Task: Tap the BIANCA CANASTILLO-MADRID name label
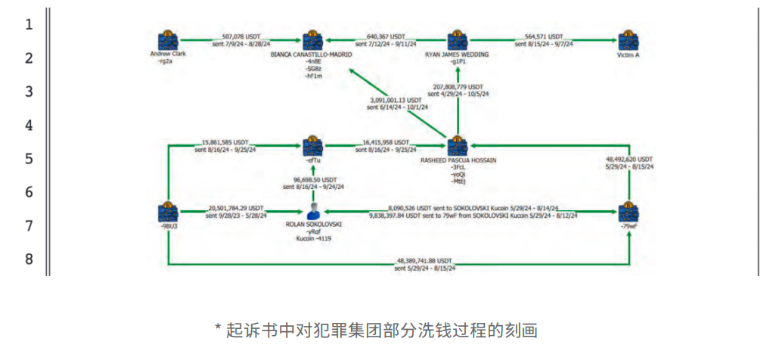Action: coord(311,54)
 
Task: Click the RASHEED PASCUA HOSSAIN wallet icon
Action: coord(456,146)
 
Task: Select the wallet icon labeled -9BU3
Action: coord(167,213)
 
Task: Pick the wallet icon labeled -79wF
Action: coord(626,213)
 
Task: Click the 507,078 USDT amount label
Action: coord(241,36)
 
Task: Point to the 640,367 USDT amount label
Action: coord(386,36)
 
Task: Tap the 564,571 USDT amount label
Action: coord(545,36)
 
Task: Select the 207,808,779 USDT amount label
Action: coord(458,87)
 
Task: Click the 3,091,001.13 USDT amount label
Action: coord(396,100)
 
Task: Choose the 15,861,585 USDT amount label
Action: coord(225,142)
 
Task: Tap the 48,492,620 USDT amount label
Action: coord(629,160)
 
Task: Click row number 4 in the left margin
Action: coord(29,125)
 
